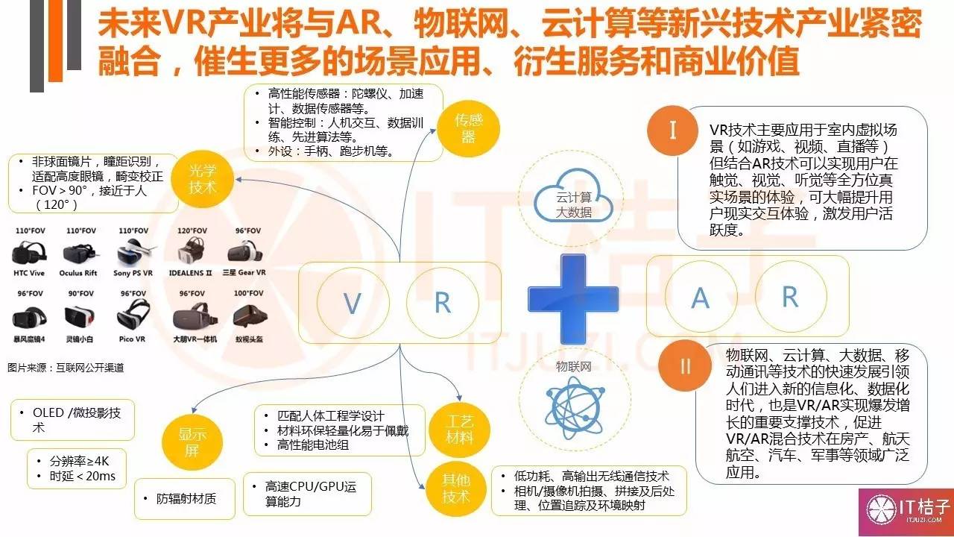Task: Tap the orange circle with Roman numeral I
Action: tap(673, 131)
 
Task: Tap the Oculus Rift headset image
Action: tap(79, 254)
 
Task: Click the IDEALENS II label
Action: tap(189, 273)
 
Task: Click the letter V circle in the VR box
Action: tap(351, 303)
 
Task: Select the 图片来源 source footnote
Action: tap(66, 367)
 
